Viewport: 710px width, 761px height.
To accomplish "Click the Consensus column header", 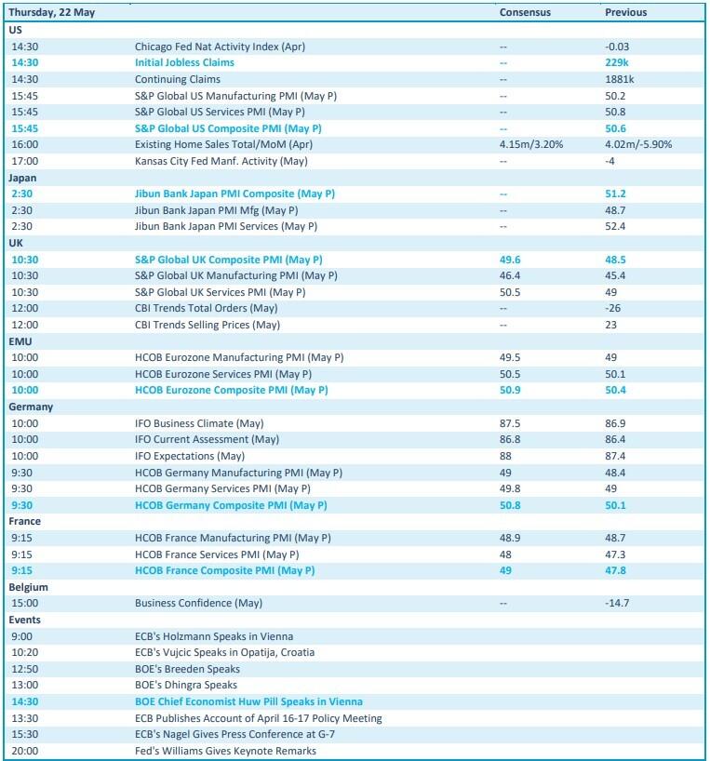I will [x=525, y=13].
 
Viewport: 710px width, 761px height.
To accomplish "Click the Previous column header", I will [x=625, y=13].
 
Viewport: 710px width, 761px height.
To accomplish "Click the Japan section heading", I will [x=23, y=177].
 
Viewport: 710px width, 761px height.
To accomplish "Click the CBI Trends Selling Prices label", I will [x=207, y=325].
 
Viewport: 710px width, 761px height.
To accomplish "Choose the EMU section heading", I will [x=21, y=341].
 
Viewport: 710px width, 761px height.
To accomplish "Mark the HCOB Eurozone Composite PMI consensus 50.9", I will [x=510, y=391].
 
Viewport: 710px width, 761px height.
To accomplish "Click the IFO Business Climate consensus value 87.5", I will [x=510, y=423].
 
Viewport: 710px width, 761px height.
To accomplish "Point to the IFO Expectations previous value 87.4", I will [x=614, y=456].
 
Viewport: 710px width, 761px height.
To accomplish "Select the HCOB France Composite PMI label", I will [x=224, y=570].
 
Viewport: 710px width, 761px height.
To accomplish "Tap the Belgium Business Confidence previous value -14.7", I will [x=617, y=604].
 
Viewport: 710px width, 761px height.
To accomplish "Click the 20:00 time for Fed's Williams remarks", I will [x=24, y=751].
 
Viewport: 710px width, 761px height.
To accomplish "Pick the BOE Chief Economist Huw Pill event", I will [x=248, y=701].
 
